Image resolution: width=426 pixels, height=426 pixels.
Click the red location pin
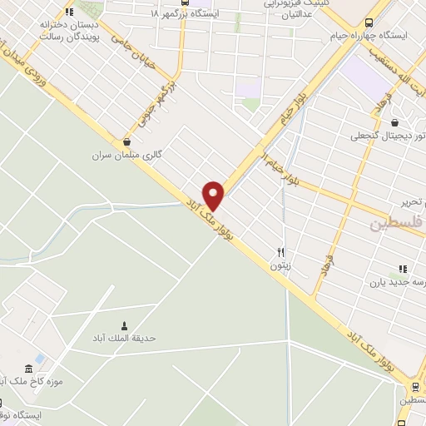click(x=215, y=195)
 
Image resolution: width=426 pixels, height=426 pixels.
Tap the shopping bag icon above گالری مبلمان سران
click(x=126, y=141)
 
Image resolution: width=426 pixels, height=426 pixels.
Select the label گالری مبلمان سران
click(x=125, y=155)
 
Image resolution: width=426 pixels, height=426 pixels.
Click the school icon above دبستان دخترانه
click(x=69, y=12)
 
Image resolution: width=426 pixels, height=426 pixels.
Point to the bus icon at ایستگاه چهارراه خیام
click(x=369, y=22)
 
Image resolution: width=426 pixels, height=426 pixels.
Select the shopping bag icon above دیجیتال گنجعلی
click(x=405, y=123)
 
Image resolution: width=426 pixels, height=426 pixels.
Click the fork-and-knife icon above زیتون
click(x=281, y=252)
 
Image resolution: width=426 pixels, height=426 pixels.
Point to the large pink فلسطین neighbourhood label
click(x=396, y=223)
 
